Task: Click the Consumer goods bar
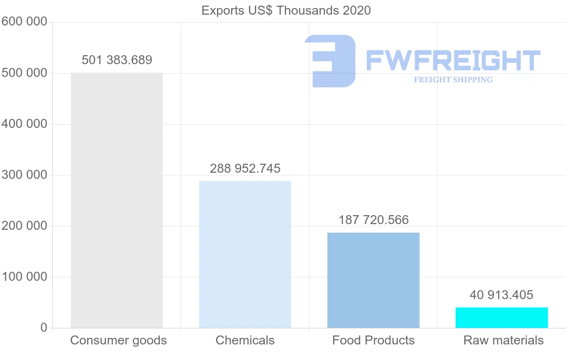117,200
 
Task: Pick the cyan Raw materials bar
501,318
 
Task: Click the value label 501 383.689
117,60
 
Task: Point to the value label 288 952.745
245,168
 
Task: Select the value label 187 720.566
374,220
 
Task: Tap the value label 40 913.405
501,295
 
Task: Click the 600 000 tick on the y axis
25,22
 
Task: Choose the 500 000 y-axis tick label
25,73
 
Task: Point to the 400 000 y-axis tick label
25,124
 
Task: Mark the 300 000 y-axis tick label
25,175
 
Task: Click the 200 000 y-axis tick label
25,226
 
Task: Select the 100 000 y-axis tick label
25,277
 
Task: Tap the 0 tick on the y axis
44,328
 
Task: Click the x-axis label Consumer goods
118,340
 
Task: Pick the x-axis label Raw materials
503,340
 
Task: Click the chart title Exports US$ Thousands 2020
286,10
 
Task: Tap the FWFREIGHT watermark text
453,61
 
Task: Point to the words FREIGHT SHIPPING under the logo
453,80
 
